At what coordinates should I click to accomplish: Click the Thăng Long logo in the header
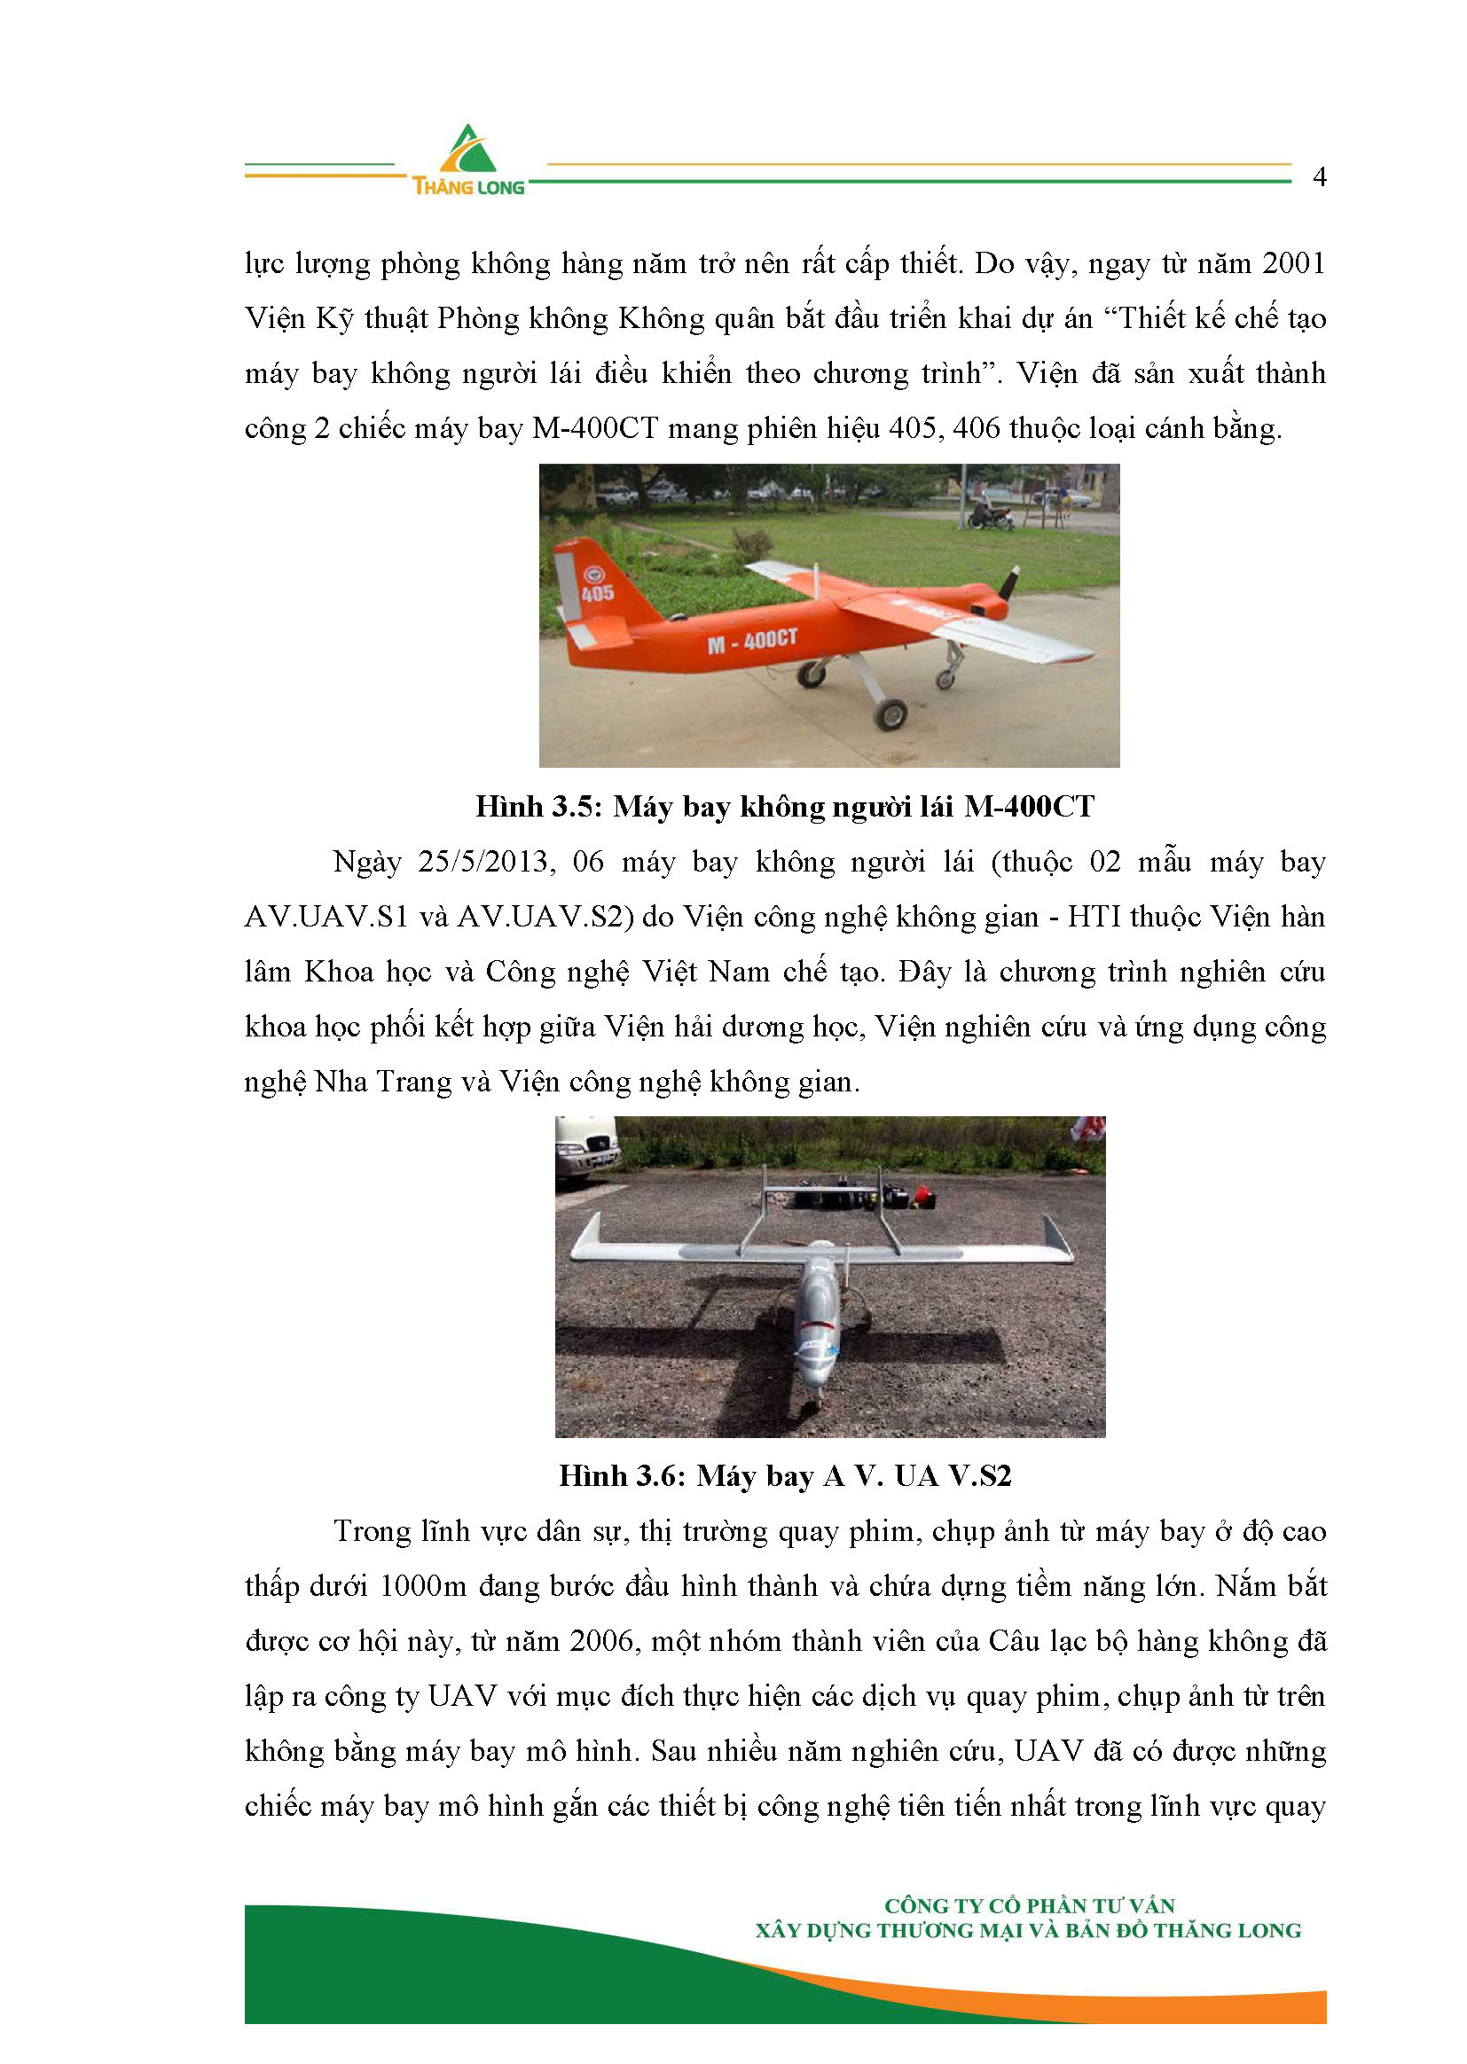click(468, 160)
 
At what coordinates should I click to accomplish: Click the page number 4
click(1319, 177)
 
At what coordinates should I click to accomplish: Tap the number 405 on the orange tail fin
click(598, 593)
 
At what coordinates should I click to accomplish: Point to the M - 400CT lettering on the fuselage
click(752, 641)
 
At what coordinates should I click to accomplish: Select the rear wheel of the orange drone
click(890, 715)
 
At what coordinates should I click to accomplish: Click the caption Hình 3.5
click(534, 806)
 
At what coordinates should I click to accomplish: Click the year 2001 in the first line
click(1293, 263)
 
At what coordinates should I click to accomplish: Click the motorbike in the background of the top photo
click(990, 517)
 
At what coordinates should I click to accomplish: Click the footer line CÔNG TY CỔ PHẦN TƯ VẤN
click(1029, 1906)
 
